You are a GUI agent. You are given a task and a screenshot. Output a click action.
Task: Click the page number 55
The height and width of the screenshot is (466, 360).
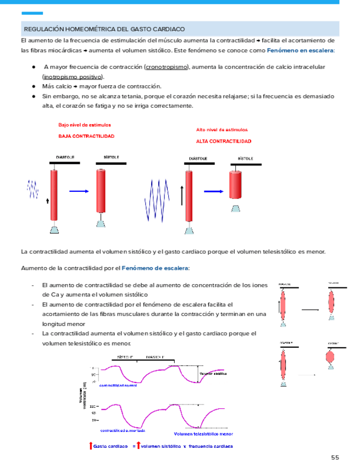[335, 458]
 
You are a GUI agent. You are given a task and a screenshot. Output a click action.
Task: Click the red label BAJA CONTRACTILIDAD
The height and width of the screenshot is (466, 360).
[87, 135]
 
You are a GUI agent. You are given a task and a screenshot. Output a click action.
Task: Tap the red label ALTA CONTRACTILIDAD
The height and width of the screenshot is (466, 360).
[224, 141]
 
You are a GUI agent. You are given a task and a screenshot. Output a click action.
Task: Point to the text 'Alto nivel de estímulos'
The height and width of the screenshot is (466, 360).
[222, 130]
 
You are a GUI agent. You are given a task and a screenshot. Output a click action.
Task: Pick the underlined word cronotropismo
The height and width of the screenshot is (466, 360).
[166, 67]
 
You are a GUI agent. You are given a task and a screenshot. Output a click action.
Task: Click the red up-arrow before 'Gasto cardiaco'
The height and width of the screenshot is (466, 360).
[91, 446]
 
